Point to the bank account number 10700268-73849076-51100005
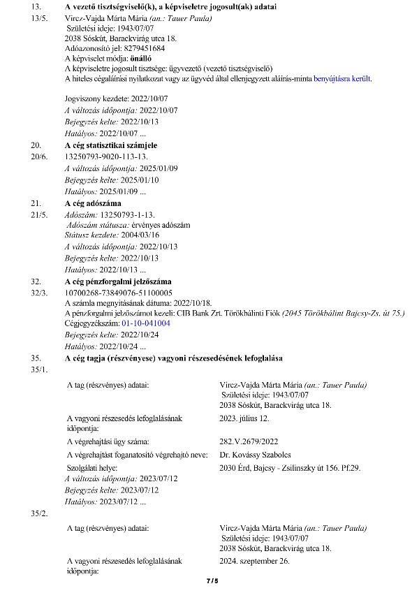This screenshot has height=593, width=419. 118,293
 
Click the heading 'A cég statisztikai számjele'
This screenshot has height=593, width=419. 111,145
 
